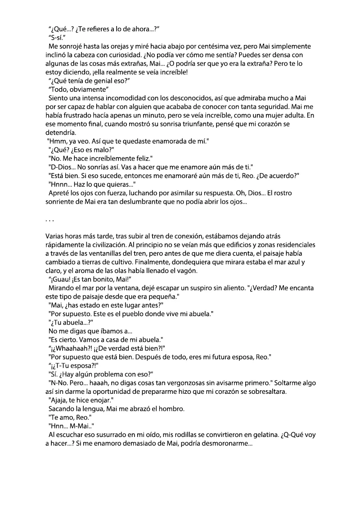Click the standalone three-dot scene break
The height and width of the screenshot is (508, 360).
pyautogui.click(x=50, y=220)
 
